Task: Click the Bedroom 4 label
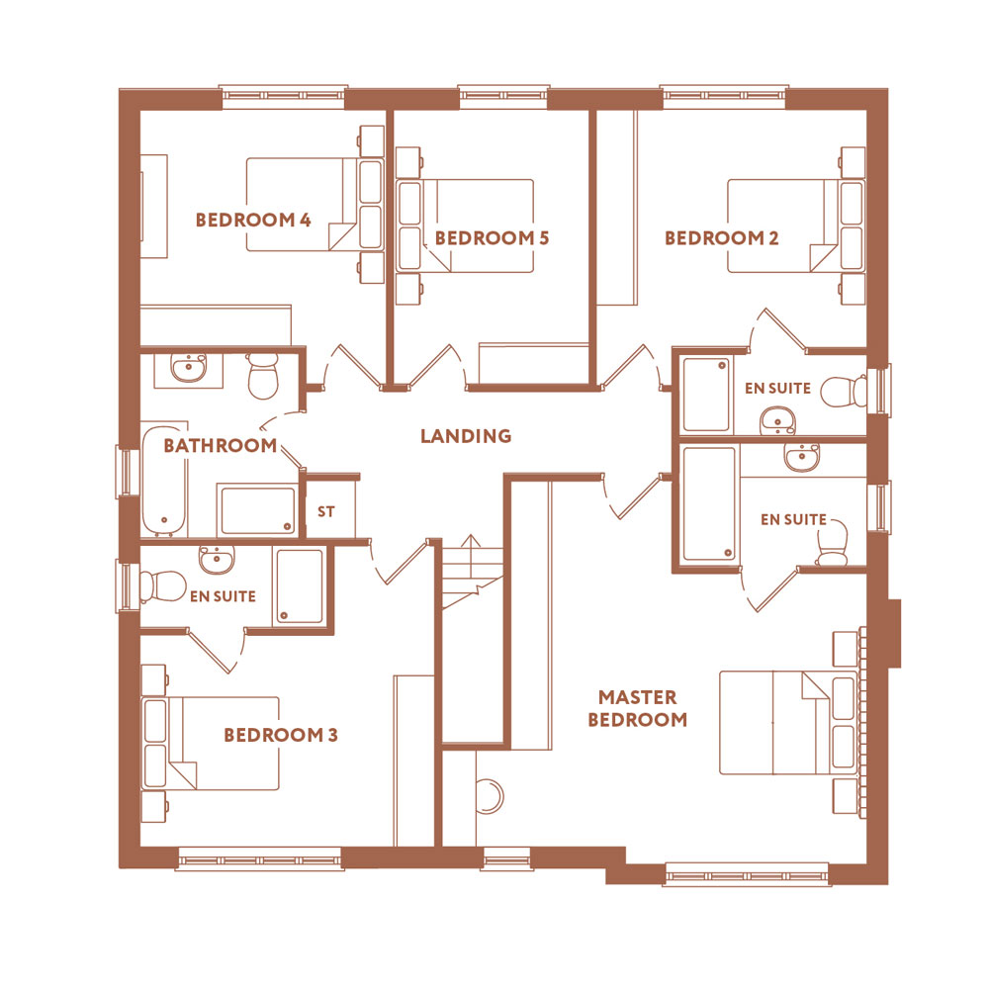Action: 253,221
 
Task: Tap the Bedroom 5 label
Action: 492,237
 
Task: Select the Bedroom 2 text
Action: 722,237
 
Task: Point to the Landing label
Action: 466,436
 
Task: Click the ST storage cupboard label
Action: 326,511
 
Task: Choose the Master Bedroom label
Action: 638,708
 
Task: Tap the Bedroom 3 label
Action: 281,735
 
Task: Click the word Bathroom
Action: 221,445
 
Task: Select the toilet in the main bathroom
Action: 263,376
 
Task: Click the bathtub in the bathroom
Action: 164,482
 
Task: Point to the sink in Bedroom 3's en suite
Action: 217,560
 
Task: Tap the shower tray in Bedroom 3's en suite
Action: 300,586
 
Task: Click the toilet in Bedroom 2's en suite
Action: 844,392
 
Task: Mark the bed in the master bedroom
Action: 788,723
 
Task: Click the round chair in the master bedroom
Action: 490,797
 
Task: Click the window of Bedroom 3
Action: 260,859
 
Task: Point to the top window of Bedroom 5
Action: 503,96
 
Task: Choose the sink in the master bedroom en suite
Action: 802,457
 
